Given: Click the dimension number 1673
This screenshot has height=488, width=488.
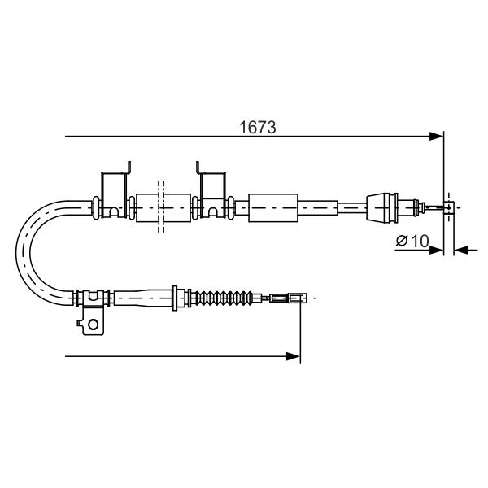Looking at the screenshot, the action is pos(257,128).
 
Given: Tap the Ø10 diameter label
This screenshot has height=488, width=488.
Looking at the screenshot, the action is pos(412,241).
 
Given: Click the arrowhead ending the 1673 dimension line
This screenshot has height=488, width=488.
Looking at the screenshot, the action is pos(436,137).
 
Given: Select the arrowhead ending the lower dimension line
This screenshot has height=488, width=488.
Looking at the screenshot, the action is pos(293,356).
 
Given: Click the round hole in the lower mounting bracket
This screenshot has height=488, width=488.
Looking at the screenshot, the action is pos(93,325).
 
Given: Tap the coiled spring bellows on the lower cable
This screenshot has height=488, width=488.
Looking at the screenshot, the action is pos(222,298).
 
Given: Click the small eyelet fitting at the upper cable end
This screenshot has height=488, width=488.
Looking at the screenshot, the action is pos(448,207).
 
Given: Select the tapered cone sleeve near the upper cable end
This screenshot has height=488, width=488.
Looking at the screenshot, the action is pos(382,207).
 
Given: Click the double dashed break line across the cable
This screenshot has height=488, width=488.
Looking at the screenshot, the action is pos(161,207).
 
